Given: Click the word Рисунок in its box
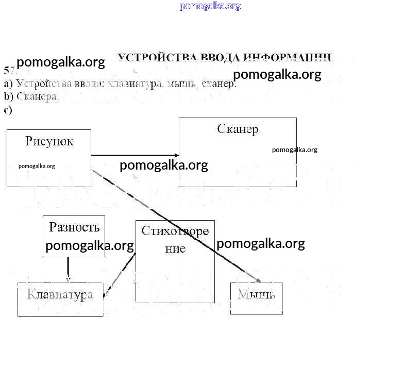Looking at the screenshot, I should pyautogui.click(x=49, y=141).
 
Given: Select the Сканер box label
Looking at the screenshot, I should pyautogui.click(x=238, y=129).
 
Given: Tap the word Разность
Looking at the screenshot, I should pyautogui.click(x=74, y=227).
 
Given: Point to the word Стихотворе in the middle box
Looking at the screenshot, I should pyautogui.click(x=175, y=230).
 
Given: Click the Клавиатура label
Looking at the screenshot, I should pyautogui.click(x=60, y=294).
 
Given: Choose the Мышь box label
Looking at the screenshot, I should pyautogui.click(x=256, y=294).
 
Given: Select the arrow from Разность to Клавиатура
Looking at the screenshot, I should pyautogui.click(x=68, y=268).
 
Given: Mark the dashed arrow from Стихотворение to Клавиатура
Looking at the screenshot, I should pyautogui.click(x=120, y=273).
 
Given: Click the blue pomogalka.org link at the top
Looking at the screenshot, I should pyautogui.click(x=210, y=6).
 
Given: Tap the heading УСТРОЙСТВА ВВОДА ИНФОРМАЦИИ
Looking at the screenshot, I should pyautogui.click(x=224, y=57).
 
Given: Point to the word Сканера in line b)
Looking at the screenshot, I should pyautogui.click(x=38, y=96).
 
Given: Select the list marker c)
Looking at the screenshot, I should pyautogui.click(x=7, y=109).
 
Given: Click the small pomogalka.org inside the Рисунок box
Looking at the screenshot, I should pyautogui.click(x=37, y=166).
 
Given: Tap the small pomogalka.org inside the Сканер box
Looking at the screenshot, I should pyautogui.click(x=295, y=150).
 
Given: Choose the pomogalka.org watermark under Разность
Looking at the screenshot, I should pyautogui.click(x=90, y=246).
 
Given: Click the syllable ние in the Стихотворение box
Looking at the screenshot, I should pyautogui.click(x=175, y=248).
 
